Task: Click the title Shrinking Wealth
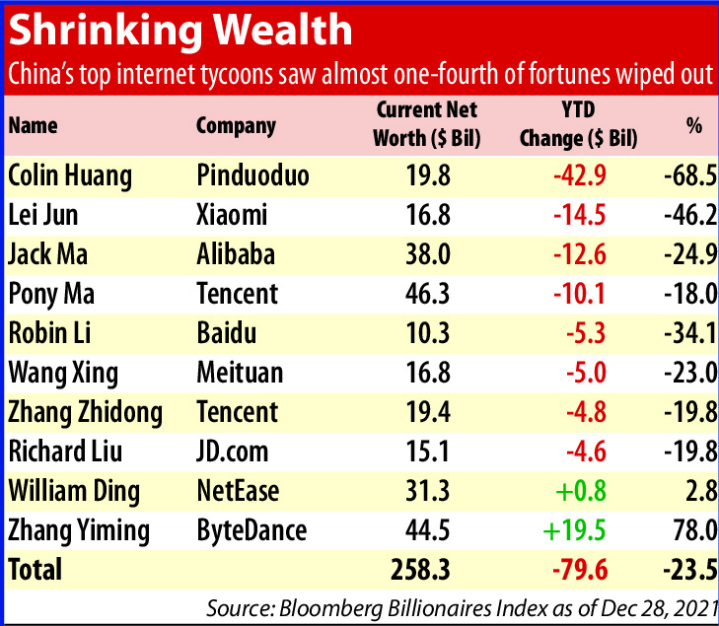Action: (x=180, y=31)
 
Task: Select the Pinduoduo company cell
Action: (x=252, y=175)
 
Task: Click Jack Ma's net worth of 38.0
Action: (x=427, y=254)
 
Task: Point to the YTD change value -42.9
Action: (x=578, y=175)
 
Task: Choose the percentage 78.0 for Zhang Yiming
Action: (x=690, y=530)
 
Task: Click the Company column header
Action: (x=236, y=126)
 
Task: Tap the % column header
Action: (x=694, y=126)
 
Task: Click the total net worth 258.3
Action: (x=421, y=570)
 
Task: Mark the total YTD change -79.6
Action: (x=578, y=570)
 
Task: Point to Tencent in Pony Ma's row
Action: (x=238, y=294)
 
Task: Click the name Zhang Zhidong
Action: (x=85, y=412)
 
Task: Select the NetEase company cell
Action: (x=238, y=491)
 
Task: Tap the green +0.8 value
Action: (x=582, y=491)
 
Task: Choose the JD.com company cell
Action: (x=231, y=452)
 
